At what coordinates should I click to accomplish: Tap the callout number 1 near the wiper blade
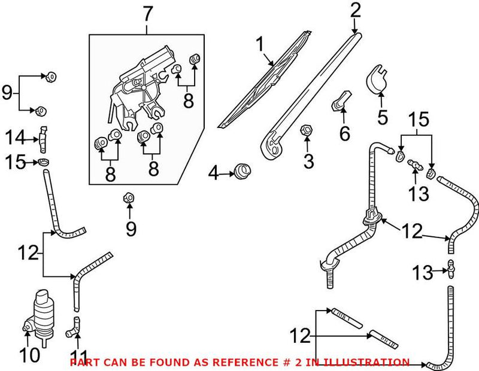[x=259, y=43]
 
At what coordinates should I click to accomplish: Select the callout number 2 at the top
[x=356, y=10]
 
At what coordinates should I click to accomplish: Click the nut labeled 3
[x=304, y=130]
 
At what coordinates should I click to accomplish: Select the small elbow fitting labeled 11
[x=74, y=326]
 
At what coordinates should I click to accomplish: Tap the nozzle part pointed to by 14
[x=43, y=139]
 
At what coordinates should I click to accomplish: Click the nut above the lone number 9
[x=128, y=197]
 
